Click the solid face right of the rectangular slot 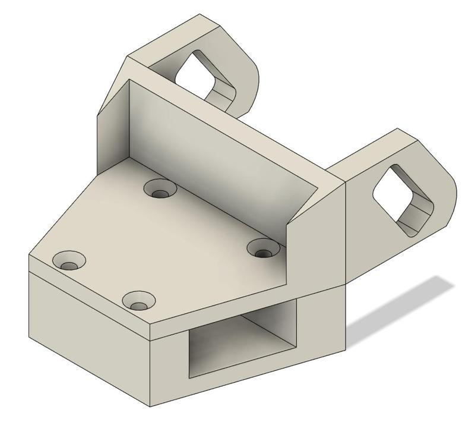[324, 321]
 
